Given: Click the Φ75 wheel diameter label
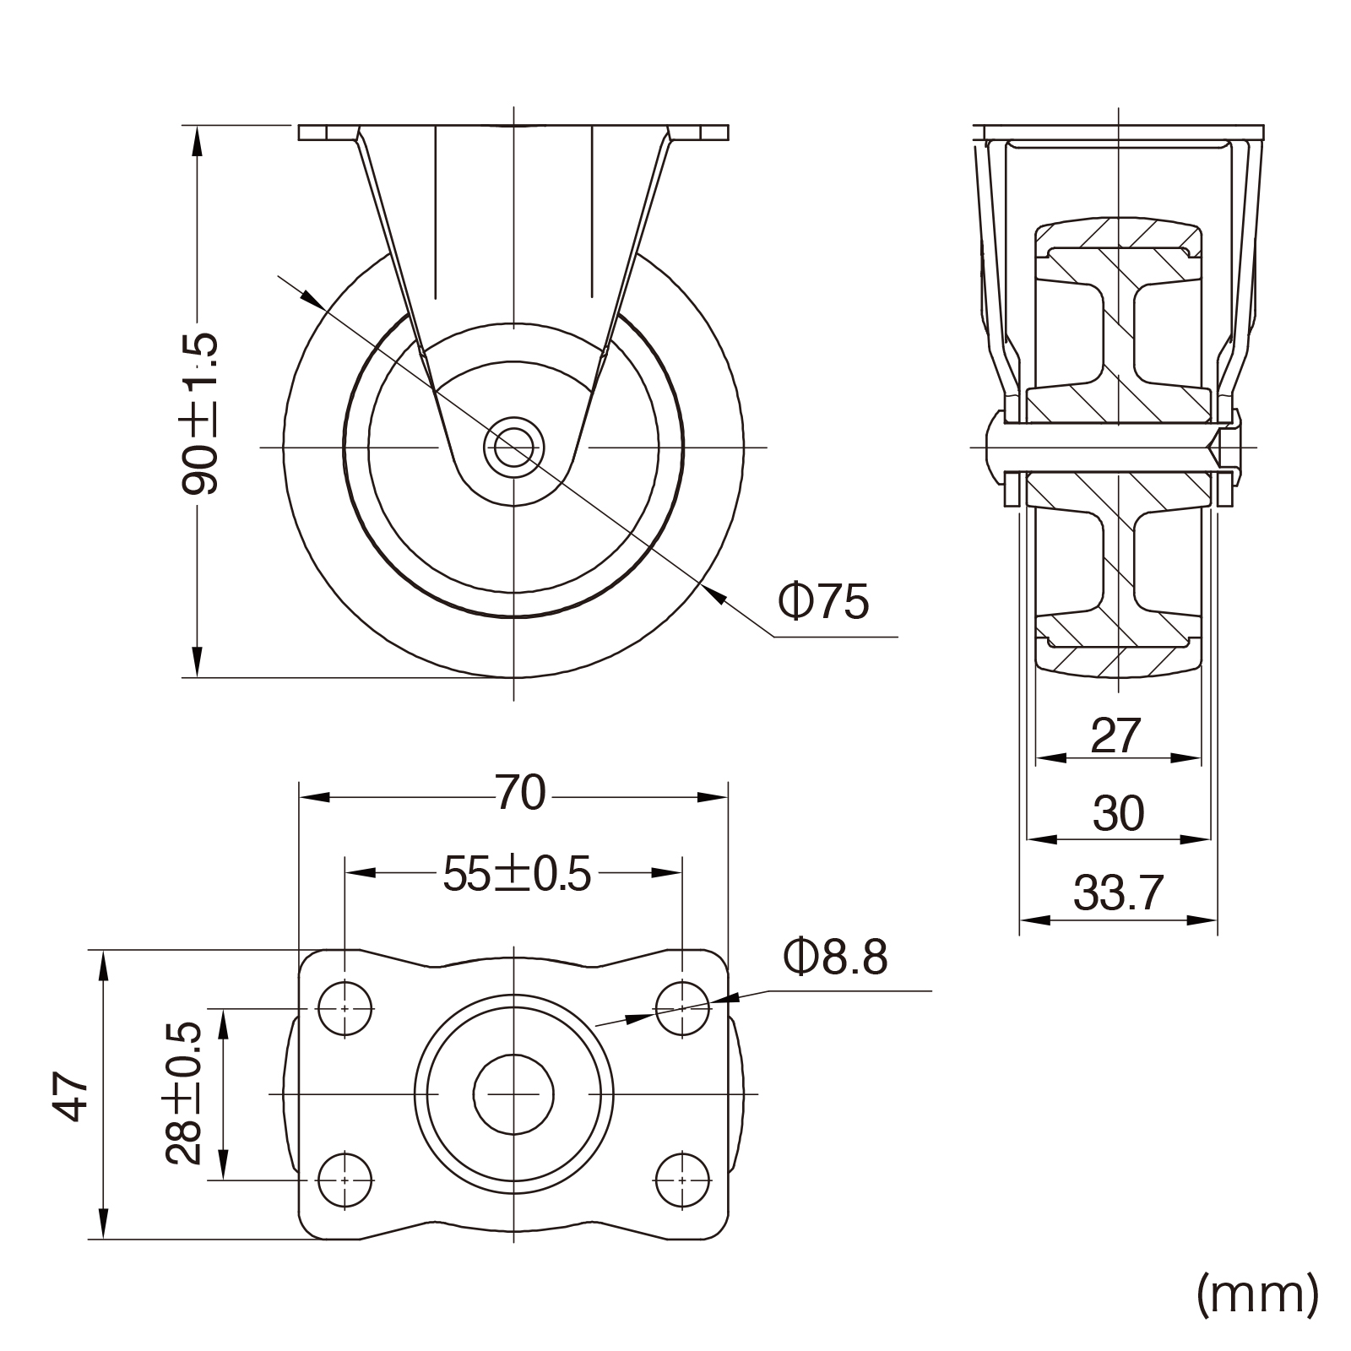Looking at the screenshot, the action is click(823, 602).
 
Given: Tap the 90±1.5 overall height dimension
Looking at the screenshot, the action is click(200, 413).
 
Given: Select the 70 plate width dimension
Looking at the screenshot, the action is click(521, 793).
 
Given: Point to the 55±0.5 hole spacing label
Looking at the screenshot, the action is click(517, 875).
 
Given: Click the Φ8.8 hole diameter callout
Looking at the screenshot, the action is click(835, 958).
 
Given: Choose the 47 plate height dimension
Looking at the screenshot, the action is click(71, 1096).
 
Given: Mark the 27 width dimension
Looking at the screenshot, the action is click(1116, 735).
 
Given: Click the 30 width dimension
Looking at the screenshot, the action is click(1118, 814).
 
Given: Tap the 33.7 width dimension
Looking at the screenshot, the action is click(1119, 893).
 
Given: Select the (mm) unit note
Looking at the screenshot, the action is click(1257, 1293).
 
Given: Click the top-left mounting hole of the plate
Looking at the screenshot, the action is click(345, 1008).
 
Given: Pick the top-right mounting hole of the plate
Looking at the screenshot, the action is click(682, 1008).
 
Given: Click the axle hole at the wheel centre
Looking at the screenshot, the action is click(513, 447).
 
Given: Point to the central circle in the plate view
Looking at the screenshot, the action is click(513, 1094).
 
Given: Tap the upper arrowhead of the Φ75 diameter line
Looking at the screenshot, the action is click(313, 299).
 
